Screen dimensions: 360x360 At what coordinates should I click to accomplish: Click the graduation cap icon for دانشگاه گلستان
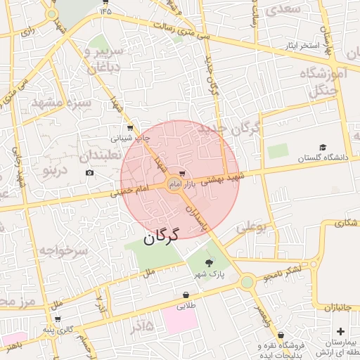pyautogui.click(x=323, y=148)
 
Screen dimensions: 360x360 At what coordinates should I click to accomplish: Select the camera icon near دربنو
pyautogui.click(x=89, y=173)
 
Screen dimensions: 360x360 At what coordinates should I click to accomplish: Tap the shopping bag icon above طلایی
pyautogui.click(x=186, y=295)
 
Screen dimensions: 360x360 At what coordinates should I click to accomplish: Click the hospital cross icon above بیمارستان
pyautogui.click(x=341, y=330)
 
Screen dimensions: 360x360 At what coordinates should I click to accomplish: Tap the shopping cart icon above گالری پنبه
pyautogui.click(x=67, y=319)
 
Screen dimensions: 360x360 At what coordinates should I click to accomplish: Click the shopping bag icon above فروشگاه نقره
pyautogui.click(x=281, y=335)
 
